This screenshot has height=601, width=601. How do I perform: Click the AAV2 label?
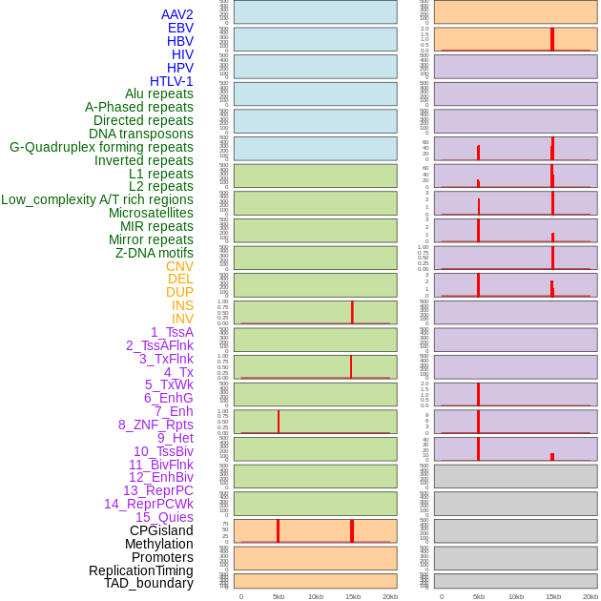point(176,14)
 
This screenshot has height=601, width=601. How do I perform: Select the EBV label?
point(180,28)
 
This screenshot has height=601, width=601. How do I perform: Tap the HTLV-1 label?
point(171,81)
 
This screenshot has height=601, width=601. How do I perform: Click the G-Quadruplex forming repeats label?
point(101,147)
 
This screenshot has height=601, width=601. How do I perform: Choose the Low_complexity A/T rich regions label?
point(97,199)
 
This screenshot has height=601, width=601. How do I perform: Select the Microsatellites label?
point(151,213)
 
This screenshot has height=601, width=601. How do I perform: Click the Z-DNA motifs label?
point(154,253)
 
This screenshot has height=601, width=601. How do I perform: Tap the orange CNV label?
point(179,266)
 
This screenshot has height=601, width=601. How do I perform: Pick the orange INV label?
point(182,319)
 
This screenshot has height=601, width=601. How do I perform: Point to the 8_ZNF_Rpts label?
point(155,425)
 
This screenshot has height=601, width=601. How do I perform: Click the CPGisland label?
point(161,530)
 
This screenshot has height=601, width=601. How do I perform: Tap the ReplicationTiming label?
point(140,570)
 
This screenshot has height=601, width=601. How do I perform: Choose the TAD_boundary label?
point(148,583)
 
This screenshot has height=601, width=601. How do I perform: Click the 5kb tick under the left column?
point(279,596)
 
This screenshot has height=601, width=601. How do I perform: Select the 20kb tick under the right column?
point(591,596)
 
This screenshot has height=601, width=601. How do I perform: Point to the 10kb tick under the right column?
point(516,596)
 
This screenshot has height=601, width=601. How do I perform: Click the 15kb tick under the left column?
point(352,596)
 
